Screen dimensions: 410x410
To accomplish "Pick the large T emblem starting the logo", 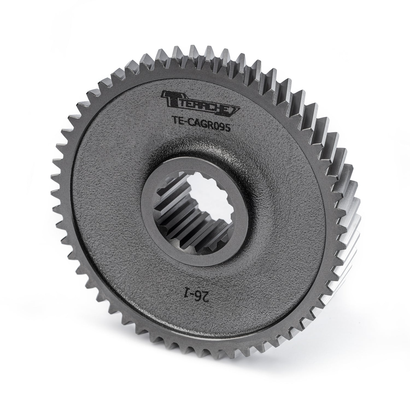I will pyautogui.click(x=169, y=98).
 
